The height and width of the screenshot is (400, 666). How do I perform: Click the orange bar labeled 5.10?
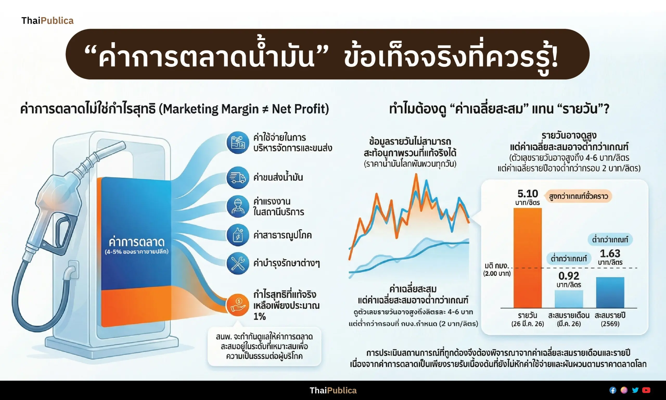click(528, 258)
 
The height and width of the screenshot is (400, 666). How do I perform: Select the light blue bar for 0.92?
click(569, 299)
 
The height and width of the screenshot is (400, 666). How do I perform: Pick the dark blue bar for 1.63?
click(610, 293)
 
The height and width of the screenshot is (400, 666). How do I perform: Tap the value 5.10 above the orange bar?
click(528, 194)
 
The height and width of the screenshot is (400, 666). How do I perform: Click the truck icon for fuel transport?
click(238, 178)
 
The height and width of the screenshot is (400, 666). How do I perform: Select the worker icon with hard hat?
click(238, 206)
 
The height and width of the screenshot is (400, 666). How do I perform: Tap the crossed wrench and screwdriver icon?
click(238, 263)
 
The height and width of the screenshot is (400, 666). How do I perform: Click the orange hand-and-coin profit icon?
click(238, 305)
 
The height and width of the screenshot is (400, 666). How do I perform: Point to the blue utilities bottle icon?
click(238, 235)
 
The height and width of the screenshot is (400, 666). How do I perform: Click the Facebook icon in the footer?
click(613, 390)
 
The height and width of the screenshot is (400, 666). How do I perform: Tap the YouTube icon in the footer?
click(646, 390)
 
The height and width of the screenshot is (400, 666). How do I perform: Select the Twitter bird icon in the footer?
click(635, 390)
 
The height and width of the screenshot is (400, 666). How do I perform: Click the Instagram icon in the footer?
click(624, 390)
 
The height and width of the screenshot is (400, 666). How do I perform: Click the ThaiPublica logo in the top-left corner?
click(47, 21)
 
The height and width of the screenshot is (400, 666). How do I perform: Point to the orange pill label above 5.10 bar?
click(578, 196)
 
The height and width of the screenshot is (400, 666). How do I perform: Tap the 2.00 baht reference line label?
click(497, 270)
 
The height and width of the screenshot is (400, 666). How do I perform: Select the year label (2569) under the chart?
click(610, 324)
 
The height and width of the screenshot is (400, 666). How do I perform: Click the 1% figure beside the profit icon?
click(259, 316)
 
